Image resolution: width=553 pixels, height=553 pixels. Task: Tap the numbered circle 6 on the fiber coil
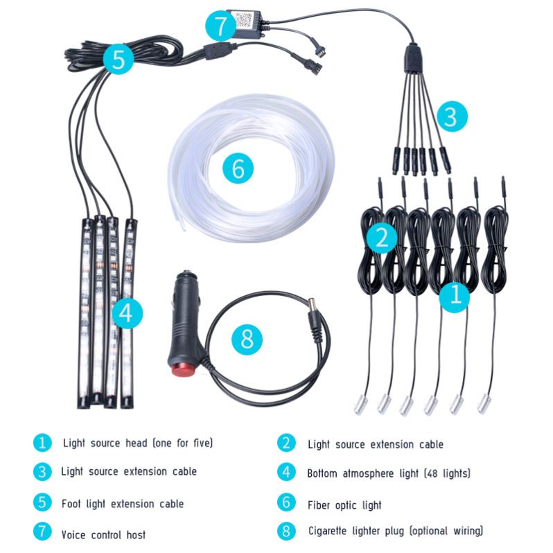click(x=238, y=168)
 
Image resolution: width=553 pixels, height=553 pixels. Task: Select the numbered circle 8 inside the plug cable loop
click(x=247, y=339)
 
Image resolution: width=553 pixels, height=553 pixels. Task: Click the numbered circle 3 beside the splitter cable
click(x=450, y=116)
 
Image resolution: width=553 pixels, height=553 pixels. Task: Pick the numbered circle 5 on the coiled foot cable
click(x=119, y=60)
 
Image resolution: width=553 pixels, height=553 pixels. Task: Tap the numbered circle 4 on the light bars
click(x=125, y=313)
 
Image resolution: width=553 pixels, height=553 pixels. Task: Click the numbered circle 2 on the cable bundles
click(x=380, y=238)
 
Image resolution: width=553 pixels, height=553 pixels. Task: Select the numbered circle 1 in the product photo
click(x=455, y=295)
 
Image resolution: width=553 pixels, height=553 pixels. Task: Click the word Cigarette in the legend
click(x=332, y=531)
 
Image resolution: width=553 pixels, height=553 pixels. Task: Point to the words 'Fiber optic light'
click(x=344, y=504)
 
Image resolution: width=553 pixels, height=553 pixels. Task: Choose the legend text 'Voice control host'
click(x=103, y=534)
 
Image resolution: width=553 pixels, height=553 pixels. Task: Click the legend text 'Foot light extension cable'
click(x=123, y=503)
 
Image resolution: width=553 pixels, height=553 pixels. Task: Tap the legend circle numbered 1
click(x=42, y=442)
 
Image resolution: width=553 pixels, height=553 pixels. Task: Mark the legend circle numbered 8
click(x=287, y=532)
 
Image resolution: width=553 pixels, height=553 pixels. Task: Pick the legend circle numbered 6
click(x=287, y=502)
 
